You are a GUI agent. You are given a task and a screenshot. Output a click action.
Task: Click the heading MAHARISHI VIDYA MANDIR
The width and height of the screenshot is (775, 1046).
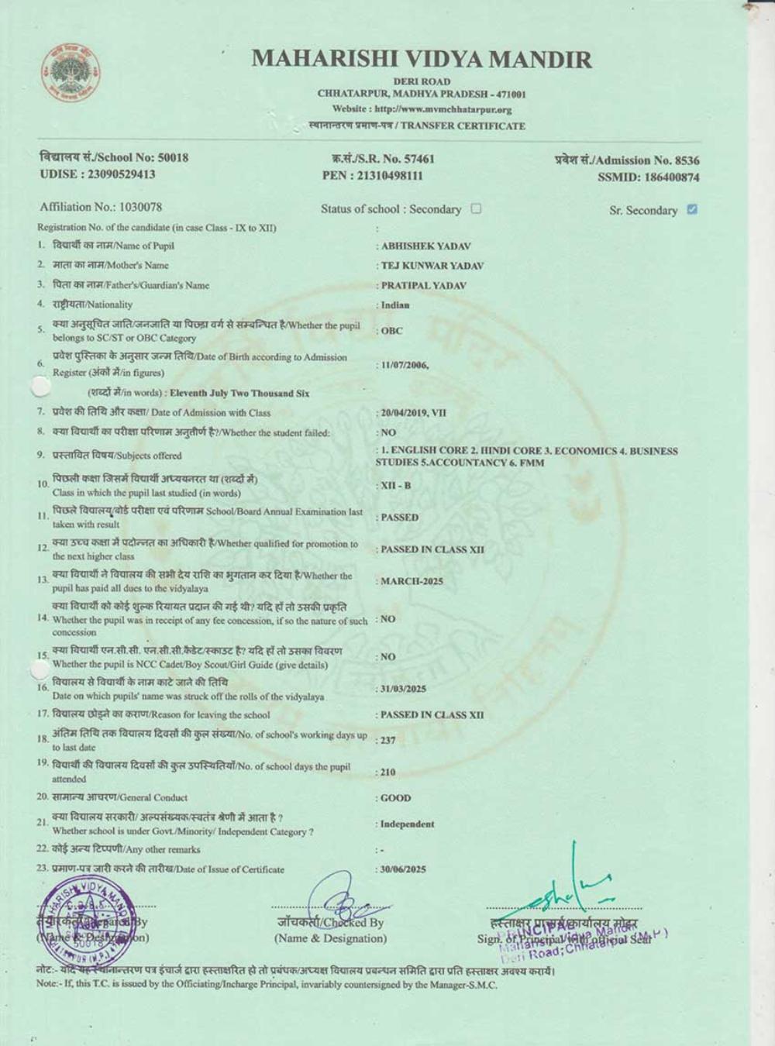(422, 59)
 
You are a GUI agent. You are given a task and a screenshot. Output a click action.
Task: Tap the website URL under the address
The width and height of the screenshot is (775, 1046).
(422, 109)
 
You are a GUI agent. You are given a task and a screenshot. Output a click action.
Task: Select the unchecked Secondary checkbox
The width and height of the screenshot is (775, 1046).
(477, 208)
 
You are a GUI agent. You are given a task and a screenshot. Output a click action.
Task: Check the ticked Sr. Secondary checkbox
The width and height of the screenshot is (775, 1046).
(692, 209)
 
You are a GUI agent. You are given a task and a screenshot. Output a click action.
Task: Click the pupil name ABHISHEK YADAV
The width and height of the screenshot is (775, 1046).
(425, 246)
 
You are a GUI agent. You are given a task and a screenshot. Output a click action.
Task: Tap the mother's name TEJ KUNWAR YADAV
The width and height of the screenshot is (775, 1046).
(432, 266)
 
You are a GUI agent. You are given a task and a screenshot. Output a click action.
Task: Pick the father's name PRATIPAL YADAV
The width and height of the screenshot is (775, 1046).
(423, 285)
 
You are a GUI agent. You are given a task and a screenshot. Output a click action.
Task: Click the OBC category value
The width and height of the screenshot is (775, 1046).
(391, 331)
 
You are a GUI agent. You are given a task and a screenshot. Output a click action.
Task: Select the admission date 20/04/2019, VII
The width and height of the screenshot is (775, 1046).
(413, 413)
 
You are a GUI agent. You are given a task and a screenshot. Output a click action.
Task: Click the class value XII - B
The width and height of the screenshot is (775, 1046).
(396, 485)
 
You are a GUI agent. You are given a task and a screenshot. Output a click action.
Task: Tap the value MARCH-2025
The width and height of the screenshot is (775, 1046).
(412, 581)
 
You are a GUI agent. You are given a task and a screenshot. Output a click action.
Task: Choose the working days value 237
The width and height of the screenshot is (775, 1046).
(387, 740)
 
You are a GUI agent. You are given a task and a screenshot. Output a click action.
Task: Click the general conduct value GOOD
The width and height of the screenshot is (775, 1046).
(395, 798)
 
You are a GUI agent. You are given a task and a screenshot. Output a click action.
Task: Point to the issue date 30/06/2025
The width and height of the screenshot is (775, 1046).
(403, 869)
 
